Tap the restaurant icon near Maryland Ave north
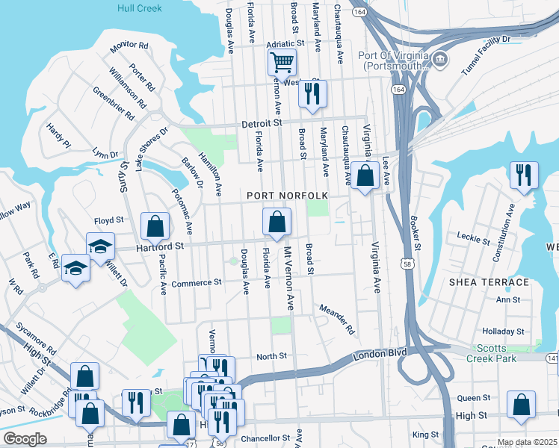coord(312,93)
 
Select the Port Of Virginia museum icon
coord(439,58)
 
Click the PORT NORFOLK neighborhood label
coord(288,196)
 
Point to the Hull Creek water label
coord(140,8)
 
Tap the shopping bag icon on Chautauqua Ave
coord(365,176)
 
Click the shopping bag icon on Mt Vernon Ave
coord(277,222)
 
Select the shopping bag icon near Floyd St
coord(155,225)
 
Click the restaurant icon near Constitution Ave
coord(523,175)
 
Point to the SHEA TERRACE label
coord(489,282)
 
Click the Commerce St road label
coord(197,283)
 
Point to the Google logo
coord(24,439)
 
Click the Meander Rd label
coord(336,318)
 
